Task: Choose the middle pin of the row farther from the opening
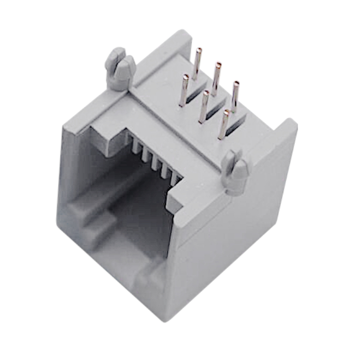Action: [216, 77]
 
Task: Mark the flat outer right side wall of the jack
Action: [234, 234]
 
